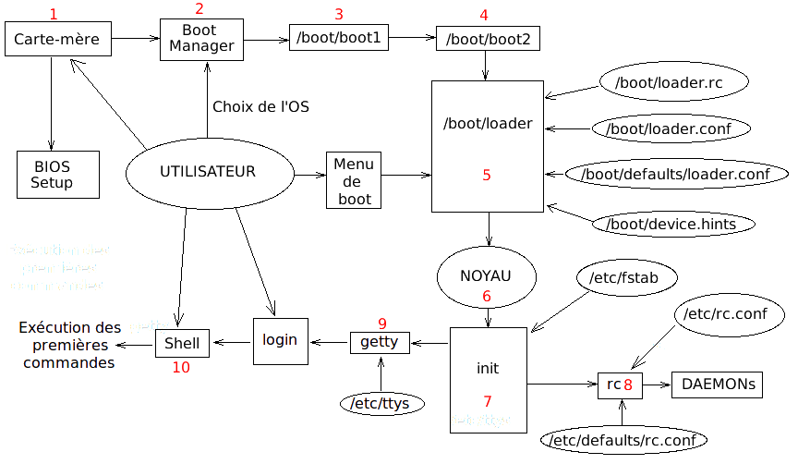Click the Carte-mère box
click(x=57, y=40)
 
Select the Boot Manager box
click(x=201, y=39)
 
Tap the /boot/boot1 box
click(x=338, y=39)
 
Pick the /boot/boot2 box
click(x=488, y=40)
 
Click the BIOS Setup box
click(x=52, y=175)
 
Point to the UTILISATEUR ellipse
click(x=208, y=173)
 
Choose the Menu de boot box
click(x=354, y=180)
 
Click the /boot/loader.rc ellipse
click(x=660, y=82)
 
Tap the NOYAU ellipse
click(x=487, y=275)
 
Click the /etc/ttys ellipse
click(x=381, y=403)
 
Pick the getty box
click(x=379, y=342)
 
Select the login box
click(x=279, y=341)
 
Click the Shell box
click(x=182, y=343)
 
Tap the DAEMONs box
click(x=718, y=384)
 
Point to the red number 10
click(x=181, y=367)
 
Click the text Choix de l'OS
click(x=260, y=107)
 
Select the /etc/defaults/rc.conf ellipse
click(x=623, y=440)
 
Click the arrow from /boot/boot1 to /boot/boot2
click(x=412, y=38)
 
